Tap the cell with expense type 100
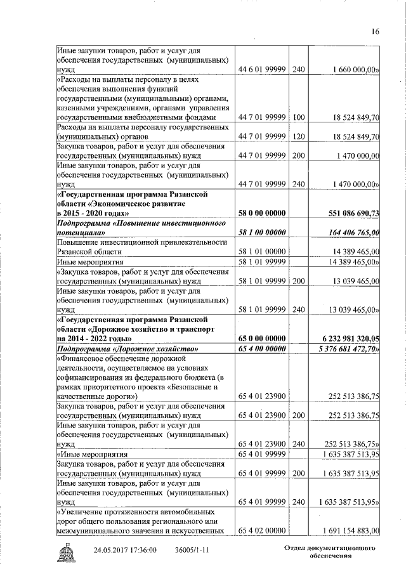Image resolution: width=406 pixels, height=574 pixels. pos(299,117)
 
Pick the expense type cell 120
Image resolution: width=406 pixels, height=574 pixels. pos(299,136)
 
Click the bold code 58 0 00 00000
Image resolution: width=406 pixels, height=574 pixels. pos(261,212)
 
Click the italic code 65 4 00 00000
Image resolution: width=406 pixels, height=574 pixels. pos(261,349)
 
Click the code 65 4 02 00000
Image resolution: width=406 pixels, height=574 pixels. pos(261,530)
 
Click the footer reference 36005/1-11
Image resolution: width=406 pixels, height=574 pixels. pos(192,550)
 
